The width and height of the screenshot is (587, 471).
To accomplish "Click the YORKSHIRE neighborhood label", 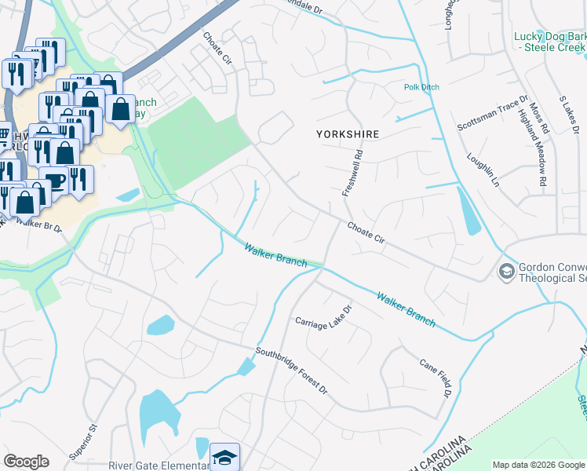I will point(347,134).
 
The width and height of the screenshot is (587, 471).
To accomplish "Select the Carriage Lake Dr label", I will point(324,321).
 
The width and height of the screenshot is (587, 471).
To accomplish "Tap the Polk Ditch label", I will point(421,87).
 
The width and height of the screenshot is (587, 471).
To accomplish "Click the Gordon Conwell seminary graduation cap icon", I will point(506,272).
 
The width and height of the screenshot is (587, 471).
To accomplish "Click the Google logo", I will point(26,462).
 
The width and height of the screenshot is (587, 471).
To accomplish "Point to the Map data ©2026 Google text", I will point(538,465).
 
